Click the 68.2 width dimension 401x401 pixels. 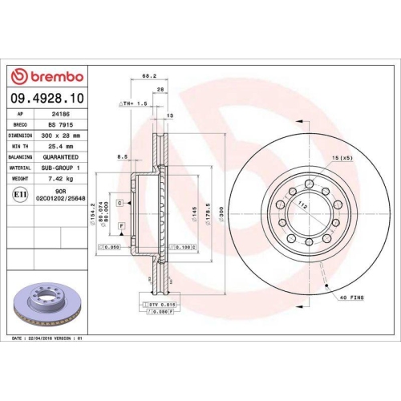click(x=148, y=76)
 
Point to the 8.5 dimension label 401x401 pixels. click(x=123, y=157)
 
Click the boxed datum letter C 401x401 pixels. click(x=119, y=204)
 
